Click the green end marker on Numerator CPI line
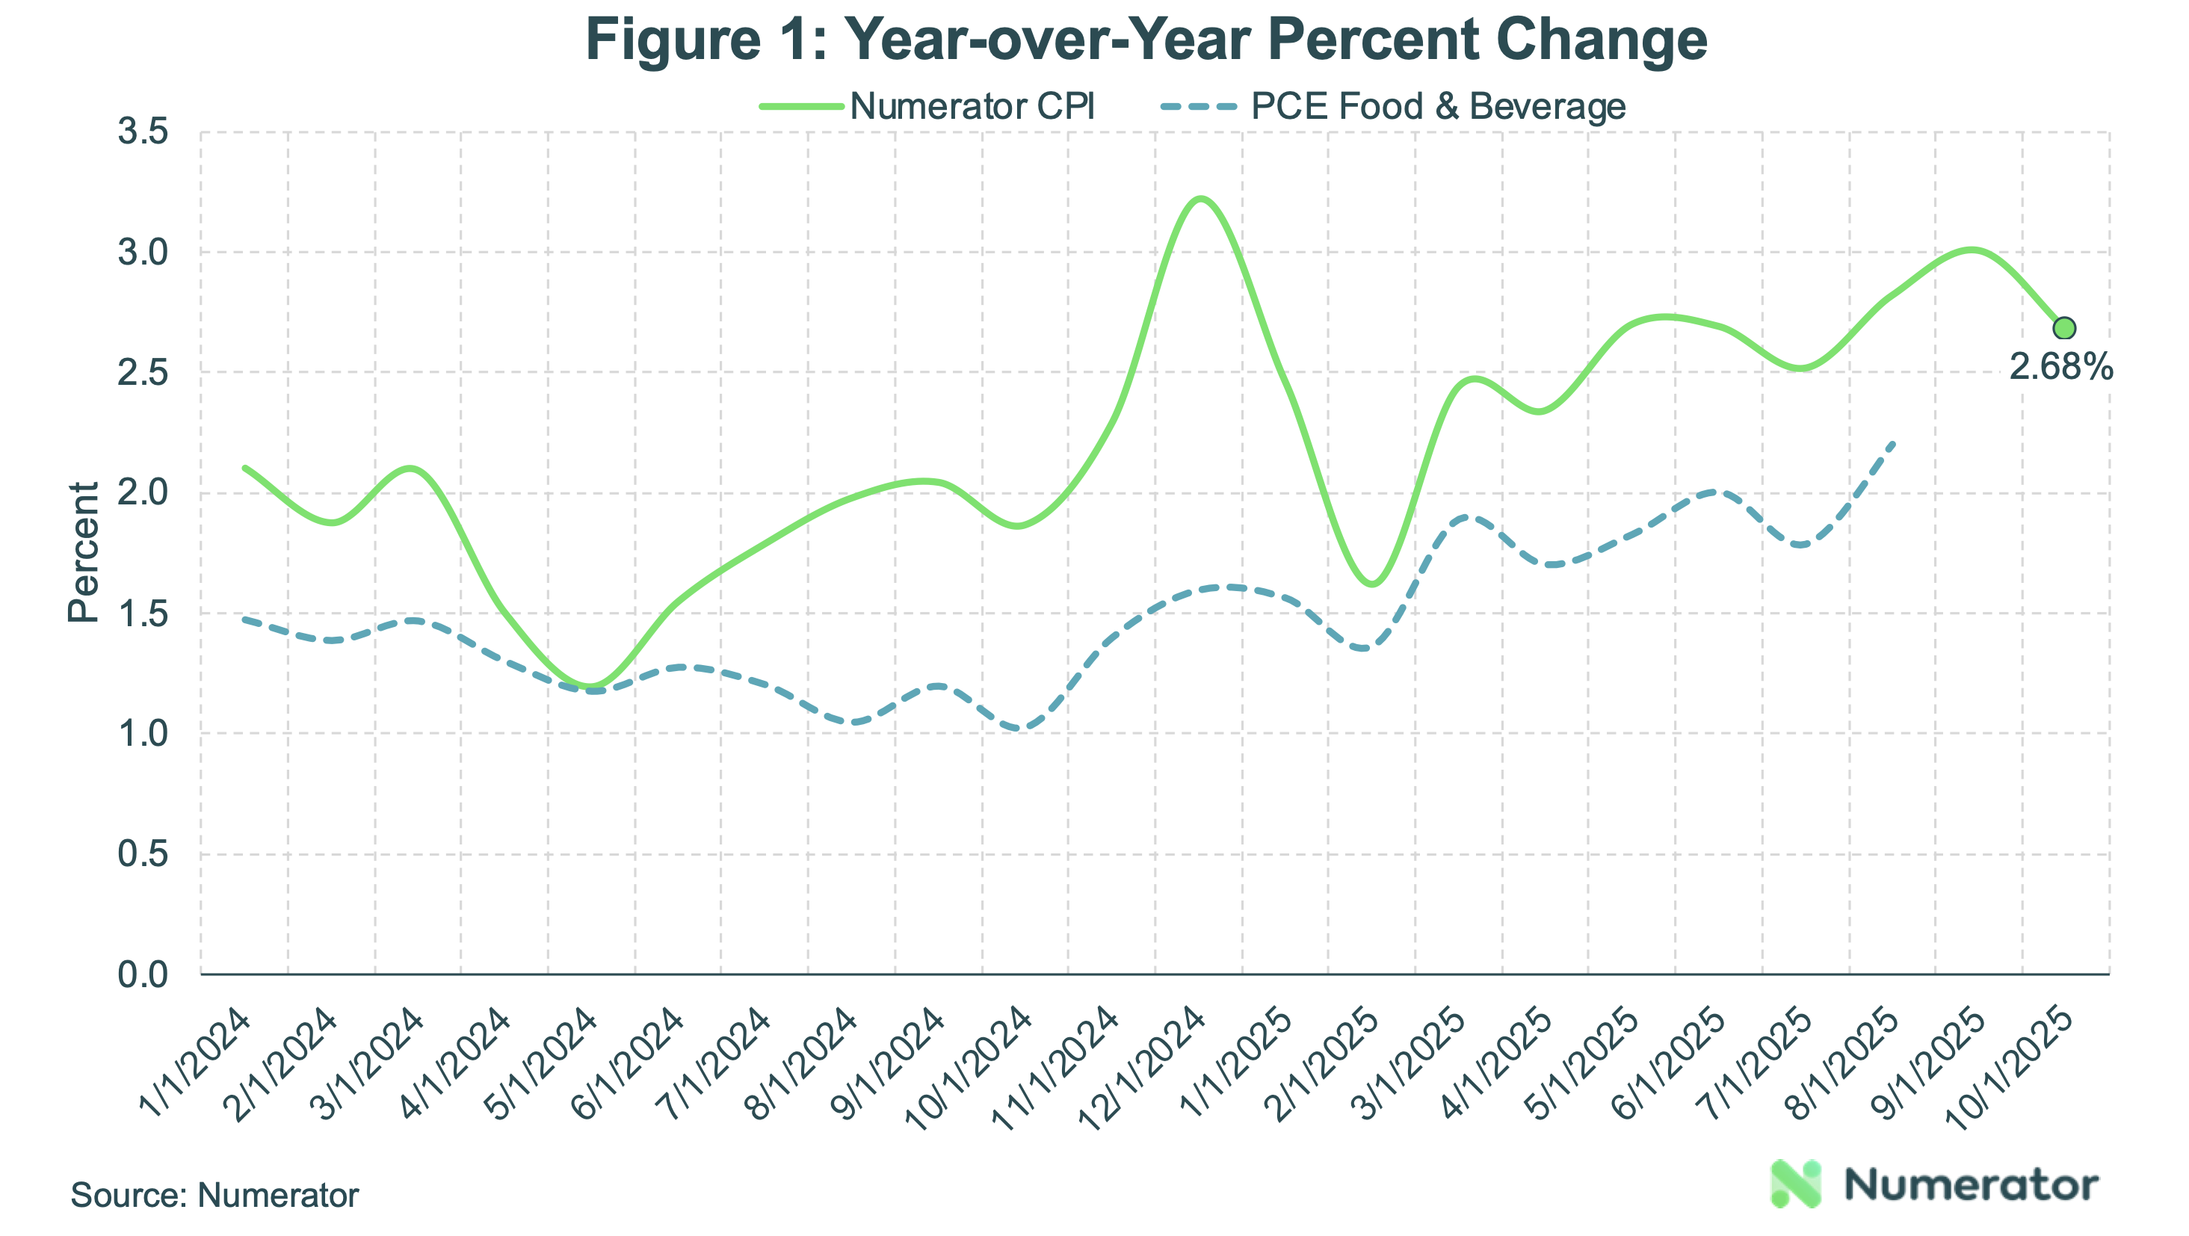pos(2064,328)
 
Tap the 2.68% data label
pos(2060,367)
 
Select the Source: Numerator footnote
pos(214,1195)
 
